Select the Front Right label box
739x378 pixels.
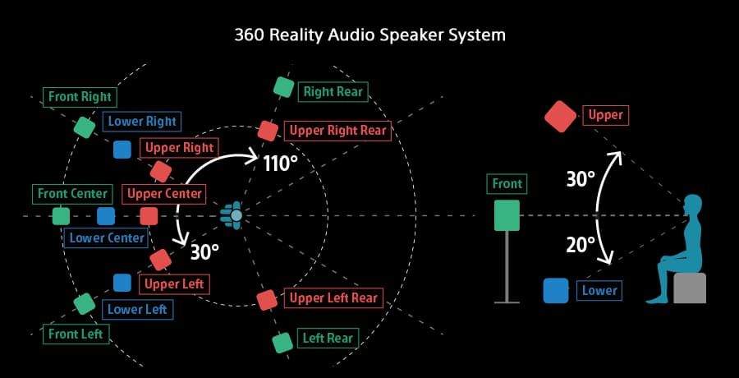tap(79, 96)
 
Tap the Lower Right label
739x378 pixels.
tap(143, 122)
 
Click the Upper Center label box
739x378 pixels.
tap(163, 194)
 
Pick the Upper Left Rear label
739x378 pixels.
tap(333, 297)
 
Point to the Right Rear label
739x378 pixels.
tap(332, 92)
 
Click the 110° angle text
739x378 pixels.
tap(280, 164)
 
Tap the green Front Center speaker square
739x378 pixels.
tap(61, 216)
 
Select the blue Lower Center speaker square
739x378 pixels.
tap(106, 216)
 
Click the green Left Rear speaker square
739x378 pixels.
tap(283, 340)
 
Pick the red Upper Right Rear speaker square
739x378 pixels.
tap(267, 131)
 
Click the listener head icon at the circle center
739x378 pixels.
tap(236, 215)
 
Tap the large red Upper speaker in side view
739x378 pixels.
tap(561, 116)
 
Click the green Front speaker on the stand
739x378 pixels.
tap(506, 215)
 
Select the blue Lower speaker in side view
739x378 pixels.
tap(556, 291)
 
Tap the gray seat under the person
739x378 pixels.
tap(690, 288)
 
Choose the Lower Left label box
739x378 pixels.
tap(136, 309)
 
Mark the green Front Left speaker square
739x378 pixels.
tap(84, 303)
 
